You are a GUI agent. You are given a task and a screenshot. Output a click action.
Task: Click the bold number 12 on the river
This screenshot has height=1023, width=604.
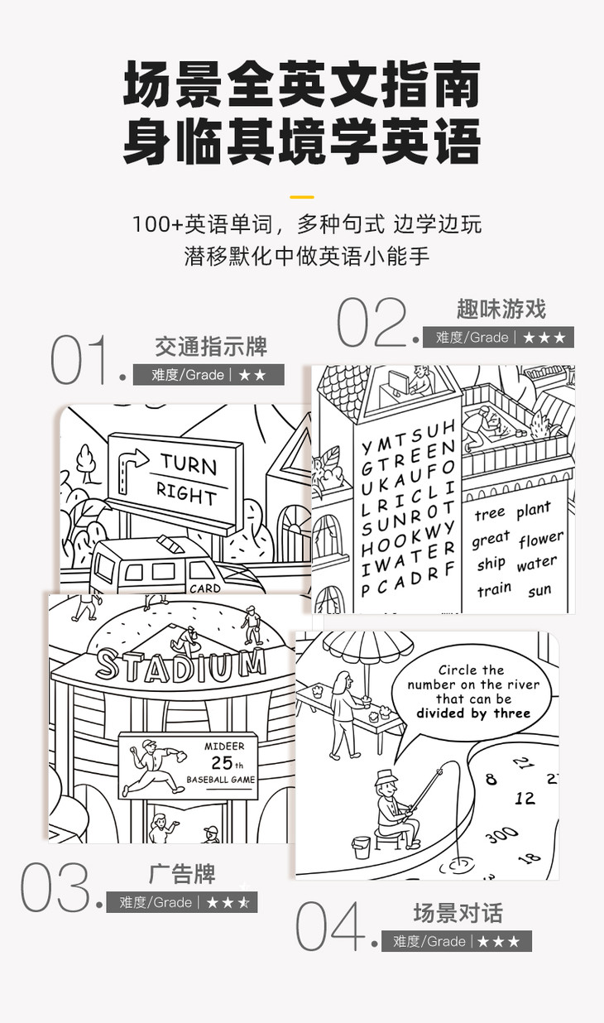tap(525, 798)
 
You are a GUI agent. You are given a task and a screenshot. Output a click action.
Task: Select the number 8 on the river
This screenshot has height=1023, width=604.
tap(491, 779)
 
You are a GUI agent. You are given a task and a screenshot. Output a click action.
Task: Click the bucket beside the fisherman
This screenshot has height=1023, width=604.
tap(361, 847)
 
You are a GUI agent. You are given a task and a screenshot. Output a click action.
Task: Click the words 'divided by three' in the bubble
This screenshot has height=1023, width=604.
tap(473, 713)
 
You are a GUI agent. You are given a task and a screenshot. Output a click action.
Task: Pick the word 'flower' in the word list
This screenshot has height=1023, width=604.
tap(541, 540)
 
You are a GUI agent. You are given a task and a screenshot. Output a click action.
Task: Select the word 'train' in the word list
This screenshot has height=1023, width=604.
tap(494, 590)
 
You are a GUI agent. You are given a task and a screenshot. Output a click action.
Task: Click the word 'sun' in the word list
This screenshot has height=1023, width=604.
tap(539, 590)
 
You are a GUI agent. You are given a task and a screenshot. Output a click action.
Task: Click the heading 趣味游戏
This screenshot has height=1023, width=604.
tap(501, 310)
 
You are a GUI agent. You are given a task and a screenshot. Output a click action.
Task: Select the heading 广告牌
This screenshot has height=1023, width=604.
tap(182, 875)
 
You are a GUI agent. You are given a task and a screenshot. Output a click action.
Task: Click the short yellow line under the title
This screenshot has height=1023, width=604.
tap(302, 197)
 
